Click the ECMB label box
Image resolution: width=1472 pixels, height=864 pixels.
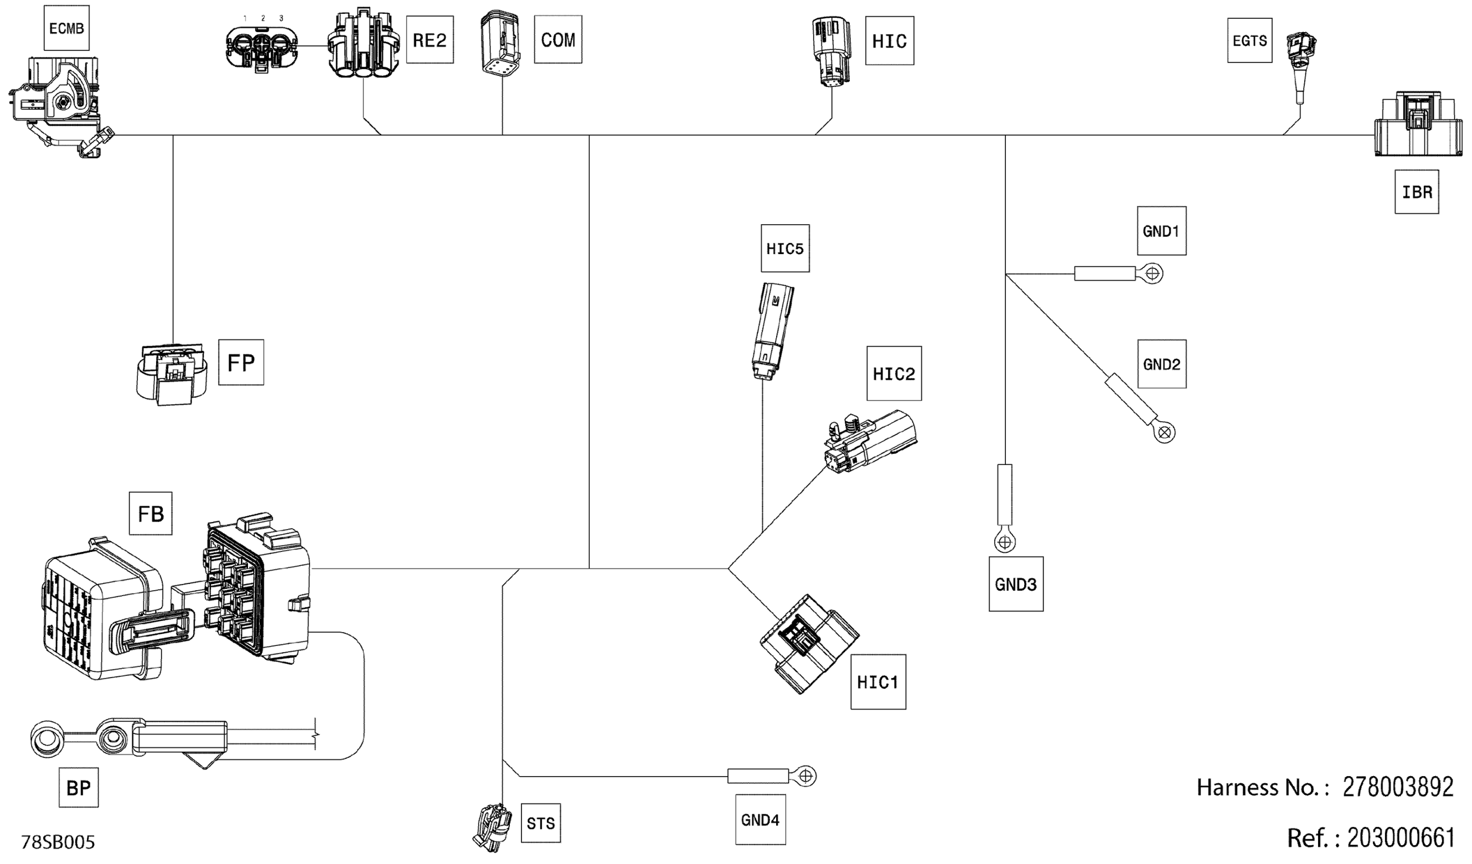(66, 28)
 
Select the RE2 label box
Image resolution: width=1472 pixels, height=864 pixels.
(430, 40)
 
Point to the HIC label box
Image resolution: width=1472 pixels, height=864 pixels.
(889, 41)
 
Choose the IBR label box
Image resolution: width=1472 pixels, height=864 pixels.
(1417, 192)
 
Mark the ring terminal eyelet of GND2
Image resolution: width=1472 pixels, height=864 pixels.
(1165, 433)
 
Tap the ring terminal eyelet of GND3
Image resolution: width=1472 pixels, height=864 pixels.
(1005, 543)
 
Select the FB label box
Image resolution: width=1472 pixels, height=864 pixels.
(150, 513)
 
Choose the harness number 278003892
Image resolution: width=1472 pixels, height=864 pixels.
(1398, 787)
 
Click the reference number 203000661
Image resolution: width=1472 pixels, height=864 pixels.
(1401, 838)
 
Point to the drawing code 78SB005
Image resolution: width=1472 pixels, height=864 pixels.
(58, 842)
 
